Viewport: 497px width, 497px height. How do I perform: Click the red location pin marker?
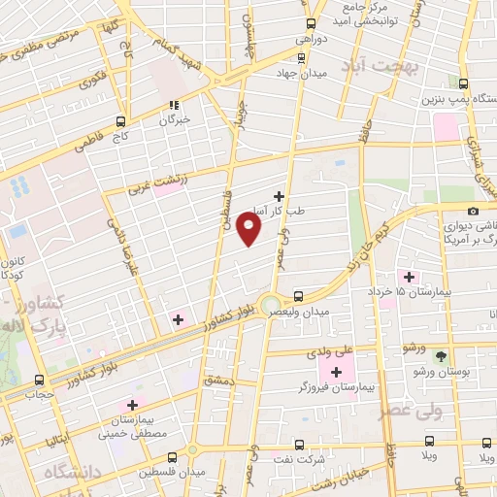click(250, 229)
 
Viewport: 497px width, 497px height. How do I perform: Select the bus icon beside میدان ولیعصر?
click(298, 295)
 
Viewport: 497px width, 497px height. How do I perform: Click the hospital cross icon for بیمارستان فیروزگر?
click(337, 373)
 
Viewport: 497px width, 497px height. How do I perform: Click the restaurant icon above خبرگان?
click(175, 105)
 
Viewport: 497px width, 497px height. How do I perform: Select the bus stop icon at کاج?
click(120, 121)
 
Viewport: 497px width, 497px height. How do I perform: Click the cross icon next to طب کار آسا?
click(280, 196)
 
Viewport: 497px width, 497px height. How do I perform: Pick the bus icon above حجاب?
click(40, 380)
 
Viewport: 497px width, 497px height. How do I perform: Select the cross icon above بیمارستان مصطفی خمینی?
click(133, 404)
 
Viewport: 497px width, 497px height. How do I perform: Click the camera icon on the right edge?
click(473, 212)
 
